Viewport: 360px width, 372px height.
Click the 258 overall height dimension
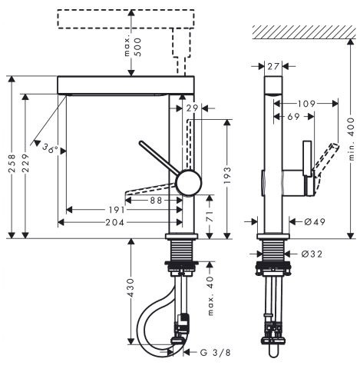click(x=12, y=163)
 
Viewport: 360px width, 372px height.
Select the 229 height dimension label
click(x=25, y=163)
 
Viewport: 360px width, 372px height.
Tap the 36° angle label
click(x=50, y=148)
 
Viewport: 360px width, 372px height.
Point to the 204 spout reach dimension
click(x=114, y=222)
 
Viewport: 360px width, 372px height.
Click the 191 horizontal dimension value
click(x=115, y=210)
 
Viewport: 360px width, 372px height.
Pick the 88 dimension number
click(x=156, y=200)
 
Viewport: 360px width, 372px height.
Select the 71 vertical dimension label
click(x=210, y=217)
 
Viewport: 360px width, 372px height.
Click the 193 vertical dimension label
click(x=227, y=175)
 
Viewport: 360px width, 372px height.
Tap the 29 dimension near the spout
click(x=192, y=108)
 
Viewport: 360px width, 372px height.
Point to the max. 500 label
click(x=133, y=47)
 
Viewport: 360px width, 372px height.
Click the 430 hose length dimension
click(x=130, y=288)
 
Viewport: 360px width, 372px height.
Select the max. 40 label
click(x=210, y=296)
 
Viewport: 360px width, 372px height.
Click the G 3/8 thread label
click(x=215, y=353)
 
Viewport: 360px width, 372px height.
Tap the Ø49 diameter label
click(x=315, y=221)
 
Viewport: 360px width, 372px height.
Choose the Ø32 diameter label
click(x=312, y=254)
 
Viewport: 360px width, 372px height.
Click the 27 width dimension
click(x=273, y=67)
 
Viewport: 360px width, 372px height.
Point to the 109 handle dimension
click(x=306, y=104)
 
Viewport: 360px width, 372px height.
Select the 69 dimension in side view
click(x=293, y=117)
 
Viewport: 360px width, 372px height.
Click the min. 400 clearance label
click(x=352, y=139)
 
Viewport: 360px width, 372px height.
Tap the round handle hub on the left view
click(x=189, y=183)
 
